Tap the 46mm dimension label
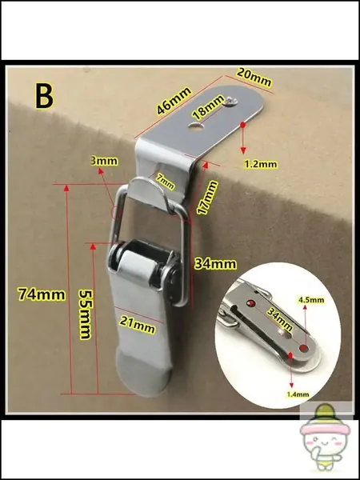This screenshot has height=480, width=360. tap(174, 102)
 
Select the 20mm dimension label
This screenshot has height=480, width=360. tap(254, 78)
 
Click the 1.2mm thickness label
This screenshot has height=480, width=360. tap(261, 164)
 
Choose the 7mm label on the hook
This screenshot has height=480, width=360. tap(166, 182)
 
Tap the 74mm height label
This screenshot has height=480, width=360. tap(42, 294)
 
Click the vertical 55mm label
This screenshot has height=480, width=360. tap(86, 314)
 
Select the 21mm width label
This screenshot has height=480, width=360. tap(137, 325)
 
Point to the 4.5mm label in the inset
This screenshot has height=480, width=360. tap(310, 300)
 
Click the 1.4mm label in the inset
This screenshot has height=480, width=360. tap(298, 394)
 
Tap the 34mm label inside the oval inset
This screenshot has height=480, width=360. tap(279, 319)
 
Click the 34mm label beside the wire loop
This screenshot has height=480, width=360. tap(215, 264)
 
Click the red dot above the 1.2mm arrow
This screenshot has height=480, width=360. tap(243, 125)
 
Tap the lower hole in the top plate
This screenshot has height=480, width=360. tap(196, 125)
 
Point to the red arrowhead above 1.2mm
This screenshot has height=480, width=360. tap(243, 150)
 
